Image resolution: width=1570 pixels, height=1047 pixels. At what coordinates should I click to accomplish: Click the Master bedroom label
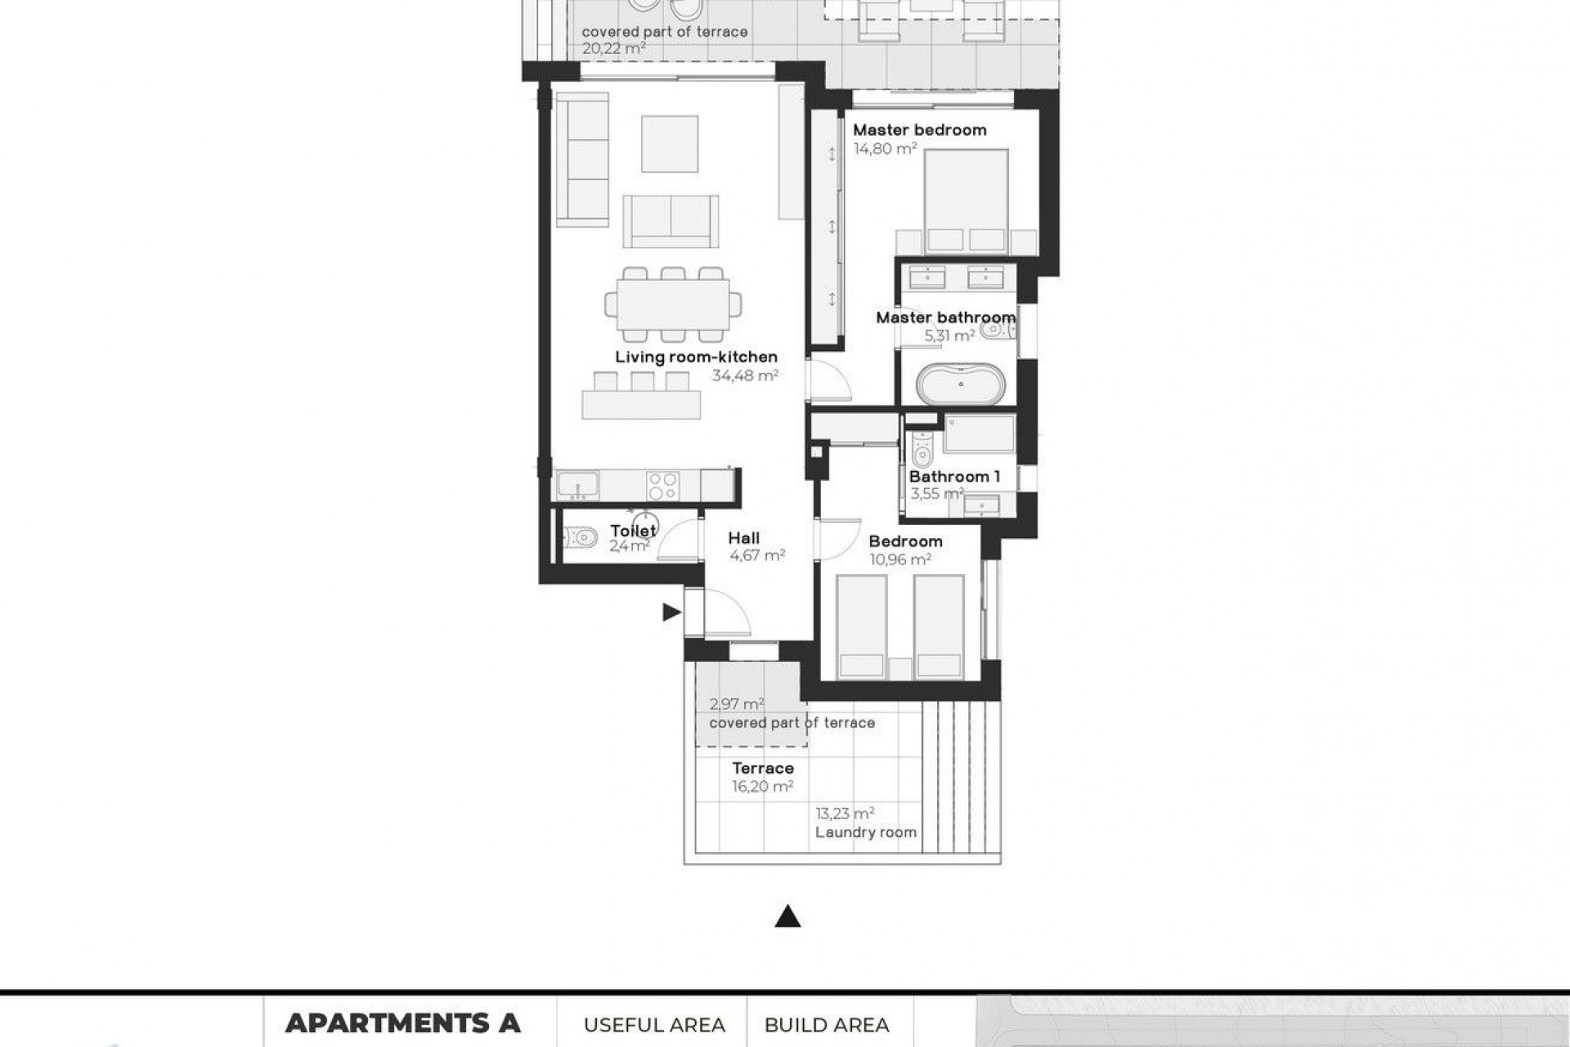click(919, 130)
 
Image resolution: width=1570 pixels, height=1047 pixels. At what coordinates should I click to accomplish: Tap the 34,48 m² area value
click(744, 376)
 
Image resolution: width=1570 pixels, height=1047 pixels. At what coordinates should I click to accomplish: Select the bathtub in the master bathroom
click(960, 384)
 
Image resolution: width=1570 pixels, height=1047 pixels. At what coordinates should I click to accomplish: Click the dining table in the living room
click(672, 304)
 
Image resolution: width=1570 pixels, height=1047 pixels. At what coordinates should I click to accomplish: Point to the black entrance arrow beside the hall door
click(671, 612)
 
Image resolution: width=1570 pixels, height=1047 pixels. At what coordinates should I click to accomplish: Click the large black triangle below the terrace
click(787, 917)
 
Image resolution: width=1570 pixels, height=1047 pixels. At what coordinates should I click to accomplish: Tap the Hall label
click(743, 538)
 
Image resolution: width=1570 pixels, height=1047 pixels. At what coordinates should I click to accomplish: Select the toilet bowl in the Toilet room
click(580, 537)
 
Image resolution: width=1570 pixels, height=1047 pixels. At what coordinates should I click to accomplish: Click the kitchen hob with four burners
click(662, 486)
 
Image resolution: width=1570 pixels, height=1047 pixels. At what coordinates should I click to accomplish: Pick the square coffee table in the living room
click(670, 144)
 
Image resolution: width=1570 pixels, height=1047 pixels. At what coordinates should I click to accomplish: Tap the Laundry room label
click(865, 833)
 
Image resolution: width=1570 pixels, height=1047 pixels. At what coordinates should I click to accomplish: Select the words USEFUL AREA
click(654, 1025)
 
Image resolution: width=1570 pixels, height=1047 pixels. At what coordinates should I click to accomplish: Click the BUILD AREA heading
click(827, 1025)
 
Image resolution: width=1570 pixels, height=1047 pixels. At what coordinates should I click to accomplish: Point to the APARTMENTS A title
click(402, 1023)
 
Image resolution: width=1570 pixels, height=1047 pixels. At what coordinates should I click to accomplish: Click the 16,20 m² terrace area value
click(762, 787)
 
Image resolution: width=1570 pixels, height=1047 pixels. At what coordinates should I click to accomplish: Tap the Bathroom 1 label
click(954, 477)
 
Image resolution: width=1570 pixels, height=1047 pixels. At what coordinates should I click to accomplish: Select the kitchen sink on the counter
click(577, 486)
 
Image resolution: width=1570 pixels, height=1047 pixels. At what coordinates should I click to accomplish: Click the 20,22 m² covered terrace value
click(613, 49)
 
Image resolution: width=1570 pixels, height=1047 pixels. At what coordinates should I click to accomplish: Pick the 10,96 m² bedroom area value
click(899, 560)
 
